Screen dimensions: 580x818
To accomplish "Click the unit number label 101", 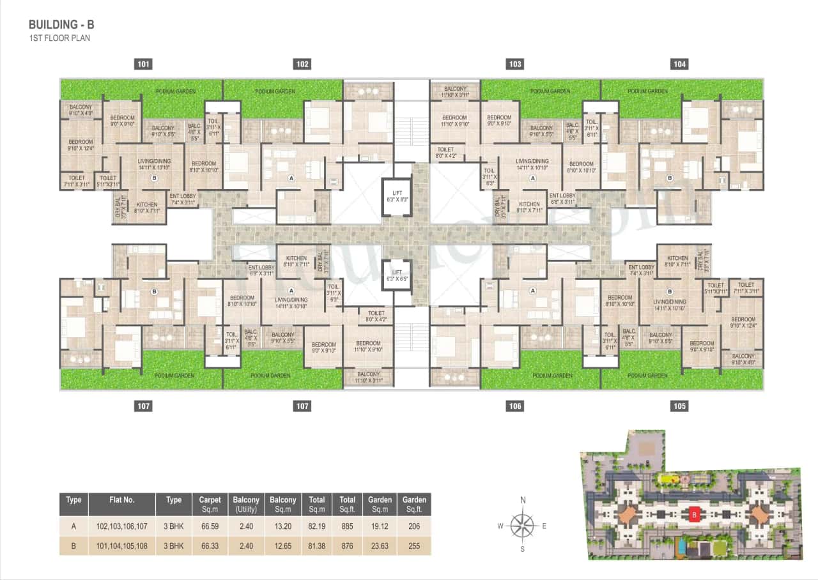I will point(144,64).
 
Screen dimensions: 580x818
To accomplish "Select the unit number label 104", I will point(679,64).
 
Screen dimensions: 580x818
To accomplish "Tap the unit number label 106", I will point(515,406).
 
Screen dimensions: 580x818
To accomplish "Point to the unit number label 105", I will point(679,406).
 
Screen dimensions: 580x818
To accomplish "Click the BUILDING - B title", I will point(61,25).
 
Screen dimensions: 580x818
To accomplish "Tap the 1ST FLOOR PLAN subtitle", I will point(59,38).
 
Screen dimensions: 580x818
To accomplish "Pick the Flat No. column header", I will point(121,500).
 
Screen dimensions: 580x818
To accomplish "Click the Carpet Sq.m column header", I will point(210,504).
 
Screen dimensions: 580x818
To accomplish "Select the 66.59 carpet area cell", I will point(210,527).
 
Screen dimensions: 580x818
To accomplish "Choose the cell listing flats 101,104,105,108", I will point(121,546).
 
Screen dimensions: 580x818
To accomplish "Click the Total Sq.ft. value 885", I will point(347,527).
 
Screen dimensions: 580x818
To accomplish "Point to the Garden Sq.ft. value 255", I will point(414,546).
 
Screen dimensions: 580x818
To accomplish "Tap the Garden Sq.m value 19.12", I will point(380,527).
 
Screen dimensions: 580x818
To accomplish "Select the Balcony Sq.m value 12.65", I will point(283,546).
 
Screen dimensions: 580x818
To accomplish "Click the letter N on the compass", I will point(523,500).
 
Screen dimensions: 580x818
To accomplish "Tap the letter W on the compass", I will point(501,526).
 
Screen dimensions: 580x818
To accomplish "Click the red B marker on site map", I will point(693,513).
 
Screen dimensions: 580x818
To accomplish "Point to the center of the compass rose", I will point(523,526).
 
